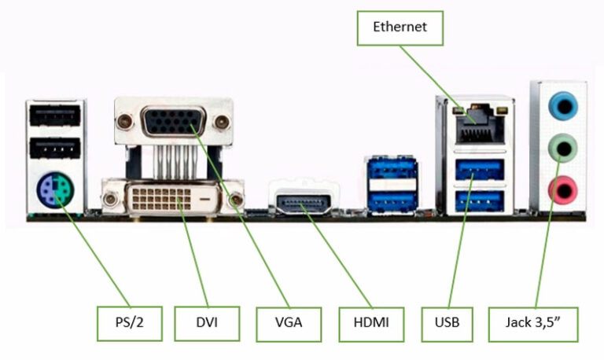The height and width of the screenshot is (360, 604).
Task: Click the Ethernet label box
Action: (x=400, y=28)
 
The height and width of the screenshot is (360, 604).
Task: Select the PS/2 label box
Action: (x=130, y=321)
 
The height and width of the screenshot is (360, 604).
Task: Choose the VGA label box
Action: (x=289, y=321)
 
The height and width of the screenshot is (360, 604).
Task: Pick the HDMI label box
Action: (x=371, y=321)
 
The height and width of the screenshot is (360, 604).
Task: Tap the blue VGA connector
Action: (x=174, y=123)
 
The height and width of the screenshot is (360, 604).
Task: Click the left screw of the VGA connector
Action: (x=124, y=122)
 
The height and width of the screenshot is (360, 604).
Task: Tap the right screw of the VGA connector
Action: (x=223, y=122)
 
